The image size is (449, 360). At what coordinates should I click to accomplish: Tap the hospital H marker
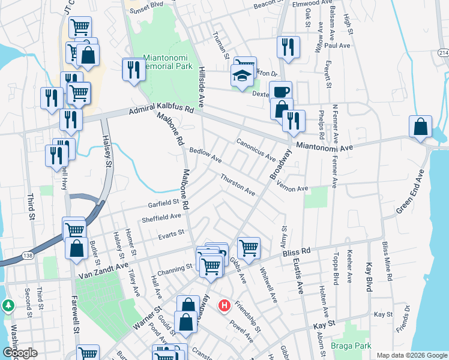224,306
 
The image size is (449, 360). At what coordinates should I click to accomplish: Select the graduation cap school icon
241,76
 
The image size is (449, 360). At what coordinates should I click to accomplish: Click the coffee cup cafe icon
280,92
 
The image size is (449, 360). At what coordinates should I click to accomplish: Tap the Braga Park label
351,346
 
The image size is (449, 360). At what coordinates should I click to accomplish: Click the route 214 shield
442,53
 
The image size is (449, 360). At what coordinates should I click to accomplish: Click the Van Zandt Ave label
103,269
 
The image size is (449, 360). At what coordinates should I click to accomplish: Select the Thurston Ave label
238,184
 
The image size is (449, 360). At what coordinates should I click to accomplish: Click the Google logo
19,353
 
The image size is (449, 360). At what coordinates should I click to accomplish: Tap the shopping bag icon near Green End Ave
421,127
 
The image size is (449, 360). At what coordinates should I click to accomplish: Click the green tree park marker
8,305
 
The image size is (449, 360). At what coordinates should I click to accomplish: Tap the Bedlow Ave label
206,156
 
